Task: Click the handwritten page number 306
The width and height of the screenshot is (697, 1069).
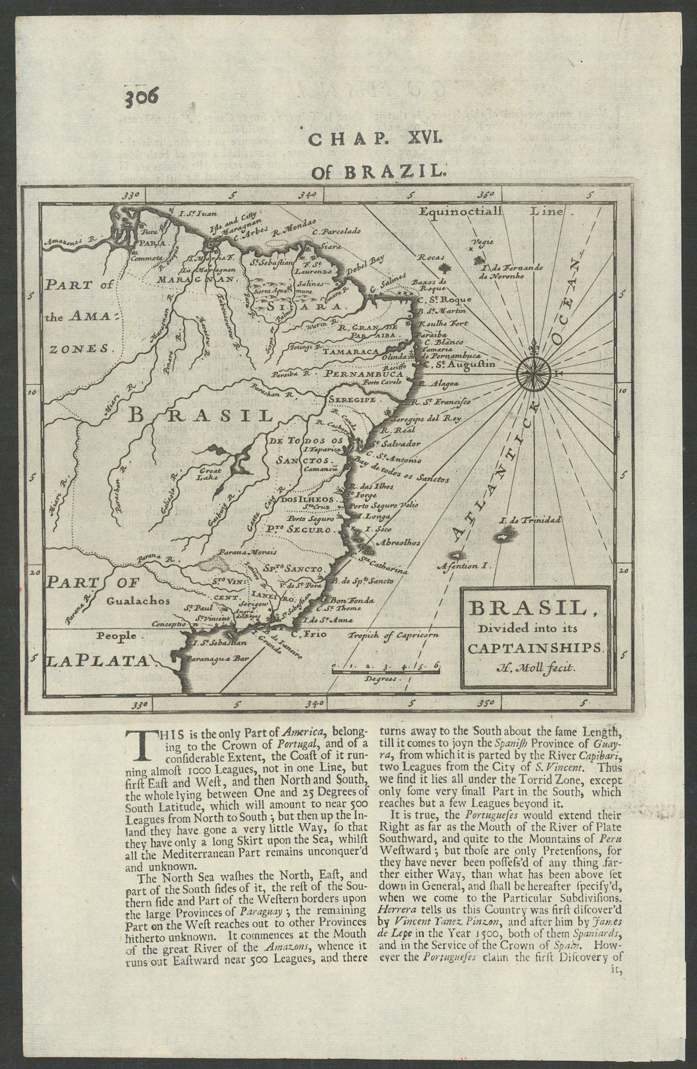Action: tap(141, 98)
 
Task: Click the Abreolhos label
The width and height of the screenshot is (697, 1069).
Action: tap(399, 543)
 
